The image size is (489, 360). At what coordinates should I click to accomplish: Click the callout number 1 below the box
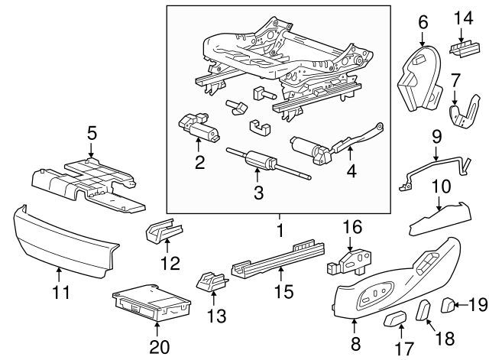280,229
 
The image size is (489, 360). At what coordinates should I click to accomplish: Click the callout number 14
463,18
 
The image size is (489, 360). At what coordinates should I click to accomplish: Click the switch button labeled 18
423,310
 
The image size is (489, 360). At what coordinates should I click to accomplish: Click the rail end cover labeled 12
165,230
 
